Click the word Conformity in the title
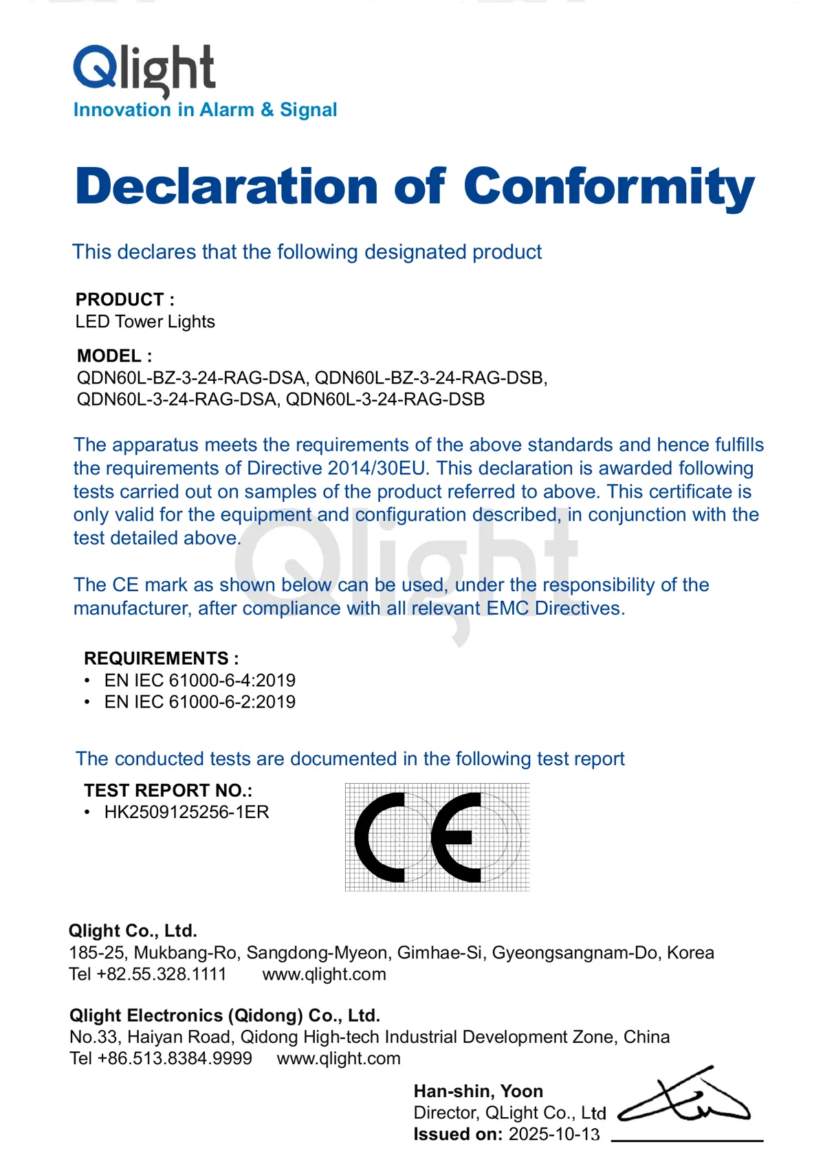609,186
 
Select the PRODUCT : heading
125,300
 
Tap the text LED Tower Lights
145,322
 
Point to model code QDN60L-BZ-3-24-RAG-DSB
430,377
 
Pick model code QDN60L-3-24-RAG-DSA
177,399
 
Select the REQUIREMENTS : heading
162,658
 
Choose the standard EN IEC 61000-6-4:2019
200,680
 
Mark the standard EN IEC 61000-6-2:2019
200,702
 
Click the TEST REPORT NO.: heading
168,790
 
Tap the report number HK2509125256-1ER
187,812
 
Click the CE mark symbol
437,837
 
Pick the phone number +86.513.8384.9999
175,1058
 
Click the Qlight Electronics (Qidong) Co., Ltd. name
225,1015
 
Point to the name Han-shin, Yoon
478,1091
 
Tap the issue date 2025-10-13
554,1134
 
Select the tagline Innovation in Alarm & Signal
205,110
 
